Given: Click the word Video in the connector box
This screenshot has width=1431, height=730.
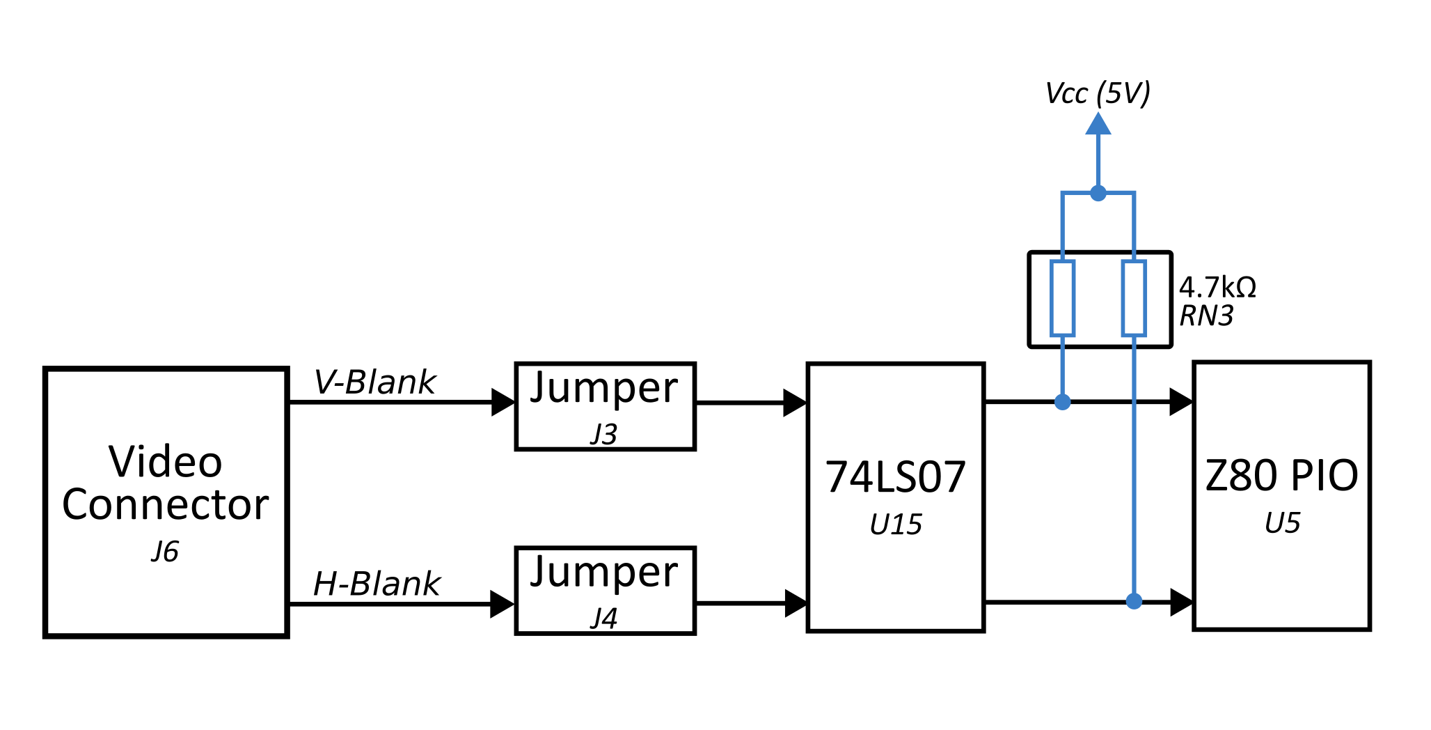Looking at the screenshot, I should click(x=166, y=462).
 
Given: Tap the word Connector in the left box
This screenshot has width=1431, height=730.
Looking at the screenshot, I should click(x=166, y=505).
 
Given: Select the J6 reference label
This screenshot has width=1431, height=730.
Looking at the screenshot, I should click(x=165, y=552).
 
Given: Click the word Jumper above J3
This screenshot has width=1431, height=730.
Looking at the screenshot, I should click(x=603, y=389).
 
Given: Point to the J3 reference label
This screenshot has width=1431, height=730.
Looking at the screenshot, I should click(x=603, y=434).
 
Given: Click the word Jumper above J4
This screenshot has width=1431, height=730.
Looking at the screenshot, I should click(x=603, y=573).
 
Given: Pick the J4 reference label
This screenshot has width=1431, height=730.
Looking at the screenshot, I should click(x=603, y=618).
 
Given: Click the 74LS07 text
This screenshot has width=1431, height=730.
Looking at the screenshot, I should click(x=895, y=477).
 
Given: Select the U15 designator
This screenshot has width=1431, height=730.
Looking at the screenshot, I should click(x=895, y=525).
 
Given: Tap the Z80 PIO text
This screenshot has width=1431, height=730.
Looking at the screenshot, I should click(x=1281, y=476).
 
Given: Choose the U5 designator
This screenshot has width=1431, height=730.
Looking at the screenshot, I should click(x=1281, y=523).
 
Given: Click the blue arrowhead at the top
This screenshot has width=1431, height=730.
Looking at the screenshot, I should click(x=1098, y=124).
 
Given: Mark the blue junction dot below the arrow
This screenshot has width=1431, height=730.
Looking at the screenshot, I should click(x=1098, y=193).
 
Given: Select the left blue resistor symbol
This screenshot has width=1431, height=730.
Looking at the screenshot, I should click(x=1062, y=298).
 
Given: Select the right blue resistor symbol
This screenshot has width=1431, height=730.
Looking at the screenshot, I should click(x=1134, y=298).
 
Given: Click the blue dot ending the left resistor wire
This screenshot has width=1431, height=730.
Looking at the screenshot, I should click(x=1062, y=402).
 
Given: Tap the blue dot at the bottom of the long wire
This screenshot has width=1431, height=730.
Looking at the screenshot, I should click(x=1134, y=600).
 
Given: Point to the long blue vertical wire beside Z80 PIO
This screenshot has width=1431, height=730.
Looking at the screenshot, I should click(x=1134, y=488).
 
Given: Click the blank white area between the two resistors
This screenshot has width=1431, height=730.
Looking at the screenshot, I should click(x=1098, y=300).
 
